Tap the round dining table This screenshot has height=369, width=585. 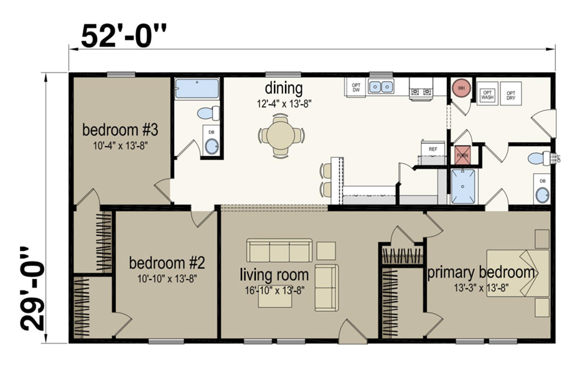(x=281, y=134)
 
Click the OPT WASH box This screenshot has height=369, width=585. (x=487, y=93)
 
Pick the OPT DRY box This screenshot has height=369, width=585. (x=511, y=93)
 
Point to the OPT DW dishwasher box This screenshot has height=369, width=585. (x=356, y=87)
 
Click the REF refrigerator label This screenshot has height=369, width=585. (x=433, y=150)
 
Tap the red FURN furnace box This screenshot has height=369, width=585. (x=462, y=155)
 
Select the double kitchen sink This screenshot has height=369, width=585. (x=381, y=86)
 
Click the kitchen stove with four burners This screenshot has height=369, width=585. (x=421, y=89)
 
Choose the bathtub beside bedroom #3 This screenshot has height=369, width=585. (x=197, y=88)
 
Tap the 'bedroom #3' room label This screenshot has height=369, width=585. (x=120, y=130)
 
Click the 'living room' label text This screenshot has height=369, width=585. (x=274, y=274)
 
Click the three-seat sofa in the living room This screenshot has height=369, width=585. (x=279, y=252)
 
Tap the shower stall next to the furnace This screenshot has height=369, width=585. (x=462, y=186)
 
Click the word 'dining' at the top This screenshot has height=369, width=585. (x=283, y=88)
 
